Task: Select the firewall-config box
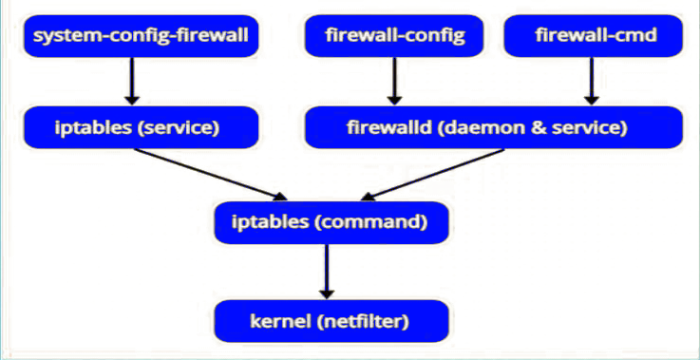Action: click(x=394, y=36)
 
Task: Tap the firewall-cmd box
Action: click(x=595, y=36)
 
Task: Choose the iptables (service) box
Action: click(x=141, y=127)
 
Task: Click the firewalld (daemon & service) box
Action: click(x=493, y=127)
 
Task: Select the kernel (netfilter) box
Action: click(x=329, y=321)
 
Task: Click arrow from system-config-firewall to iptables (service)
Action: click(x=131, y=82)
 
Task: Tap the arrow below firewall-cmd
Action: click(x=591, y=82)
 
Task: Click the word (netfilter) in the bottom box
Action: click(x=366, y=321)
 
